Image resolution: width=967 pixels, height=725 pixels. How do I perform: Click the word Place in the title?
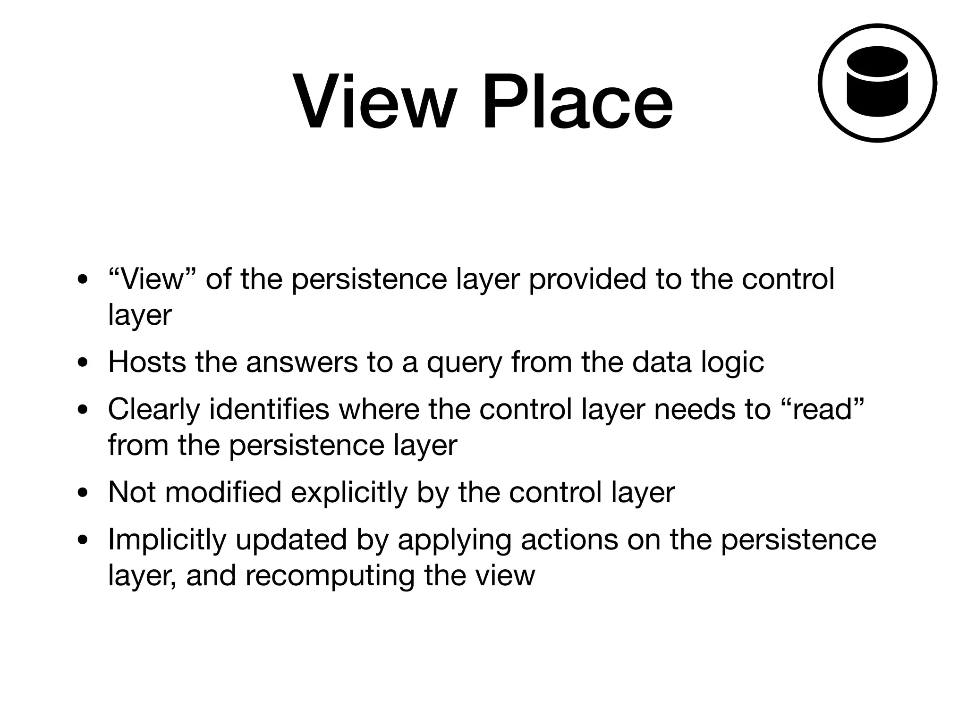tap(577, 101)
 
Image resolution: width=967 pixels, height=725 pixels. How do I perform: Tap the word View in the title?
tap(375, 101)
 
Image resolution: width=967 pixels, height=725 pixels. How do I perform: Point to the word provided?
tap(587, 279)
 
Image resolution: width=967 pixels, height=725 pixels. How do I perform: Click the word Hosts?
tap(147, 362)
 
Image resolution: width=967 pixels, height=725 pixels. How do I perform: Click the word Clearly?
tap(154, 410)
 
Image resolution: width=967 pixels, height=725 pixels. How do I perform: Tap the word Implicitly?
tap(167, 540)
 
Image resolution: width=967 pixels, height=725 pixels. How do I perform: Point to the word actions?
tap(569, 540)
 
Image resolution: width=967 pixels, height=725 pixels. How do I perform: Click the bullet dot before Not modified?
tap(83, 493)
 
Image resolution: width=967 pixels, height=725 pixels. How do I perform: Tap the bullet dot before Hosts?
tap(83, 363)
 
